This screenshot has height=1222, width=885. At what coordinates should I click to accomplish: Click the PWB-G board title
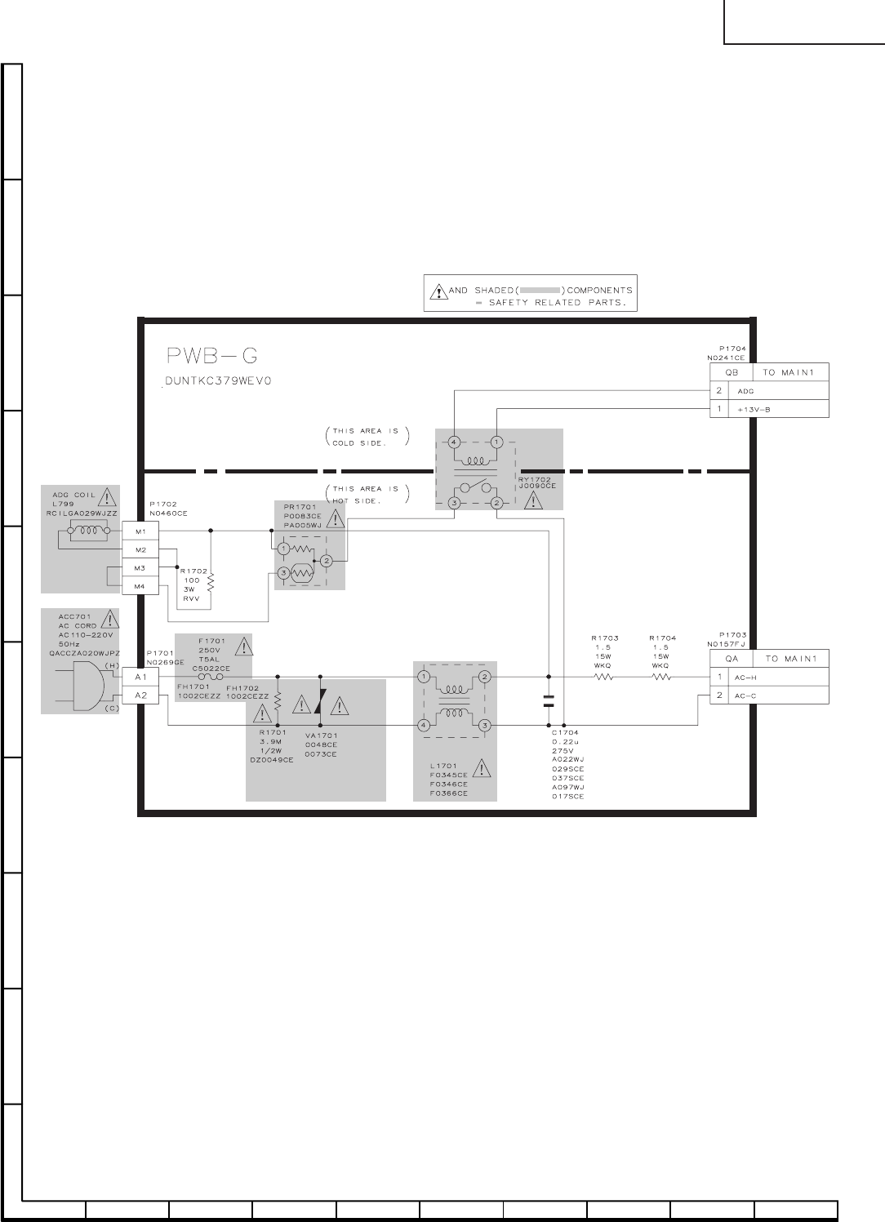(211, 356)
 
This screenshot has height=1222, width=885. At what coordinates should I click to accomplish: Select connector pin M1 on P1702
(140, 531)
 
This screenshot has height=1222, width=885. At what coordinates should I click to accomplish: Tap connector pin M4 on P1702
(140, 586)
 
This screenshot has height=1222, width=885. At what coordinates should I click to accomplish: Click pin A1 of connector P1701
(140, 677)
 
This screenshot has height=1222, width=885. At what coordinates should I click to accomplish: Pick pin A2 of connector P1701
(140, 695)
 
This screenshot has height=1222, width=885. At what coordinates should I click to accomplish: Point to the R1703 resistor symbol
(603, 677)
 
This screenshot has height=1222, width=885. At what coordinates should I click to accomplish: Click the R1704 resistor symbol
(661, 677)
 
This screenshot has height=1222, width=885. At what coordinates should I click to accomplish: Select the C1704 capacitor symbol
(549, 701)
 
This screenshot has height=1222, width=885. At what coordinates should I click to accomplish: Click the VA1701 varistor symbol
(320, 701)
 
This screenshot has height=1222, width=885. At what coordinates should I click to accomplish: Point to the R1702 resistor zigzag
(211, 582)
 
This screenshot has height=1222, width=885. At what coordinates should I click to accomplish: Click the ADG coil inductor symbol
(88, 531)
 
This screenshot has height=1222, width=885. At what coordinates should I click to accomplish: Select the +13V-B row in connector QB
(769, 409)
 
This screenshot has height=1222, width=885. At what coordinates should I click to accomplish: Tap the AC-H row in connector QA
(769, 677)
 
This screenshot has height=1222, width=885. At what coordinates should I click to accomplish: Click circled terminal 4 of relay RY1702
(454, 442)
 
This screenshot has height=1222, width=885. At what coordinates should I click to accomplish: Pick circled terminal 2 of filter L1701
(484, 677)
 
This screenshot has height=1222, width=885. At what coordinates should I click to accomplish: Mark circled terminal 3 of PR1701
(283, 573)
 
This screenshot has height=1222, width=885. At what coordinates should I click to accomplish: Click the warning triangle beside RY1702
(533, 501)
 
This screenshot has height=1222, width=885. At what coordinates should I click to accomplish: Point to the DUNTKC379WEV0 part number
(218, 380)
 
